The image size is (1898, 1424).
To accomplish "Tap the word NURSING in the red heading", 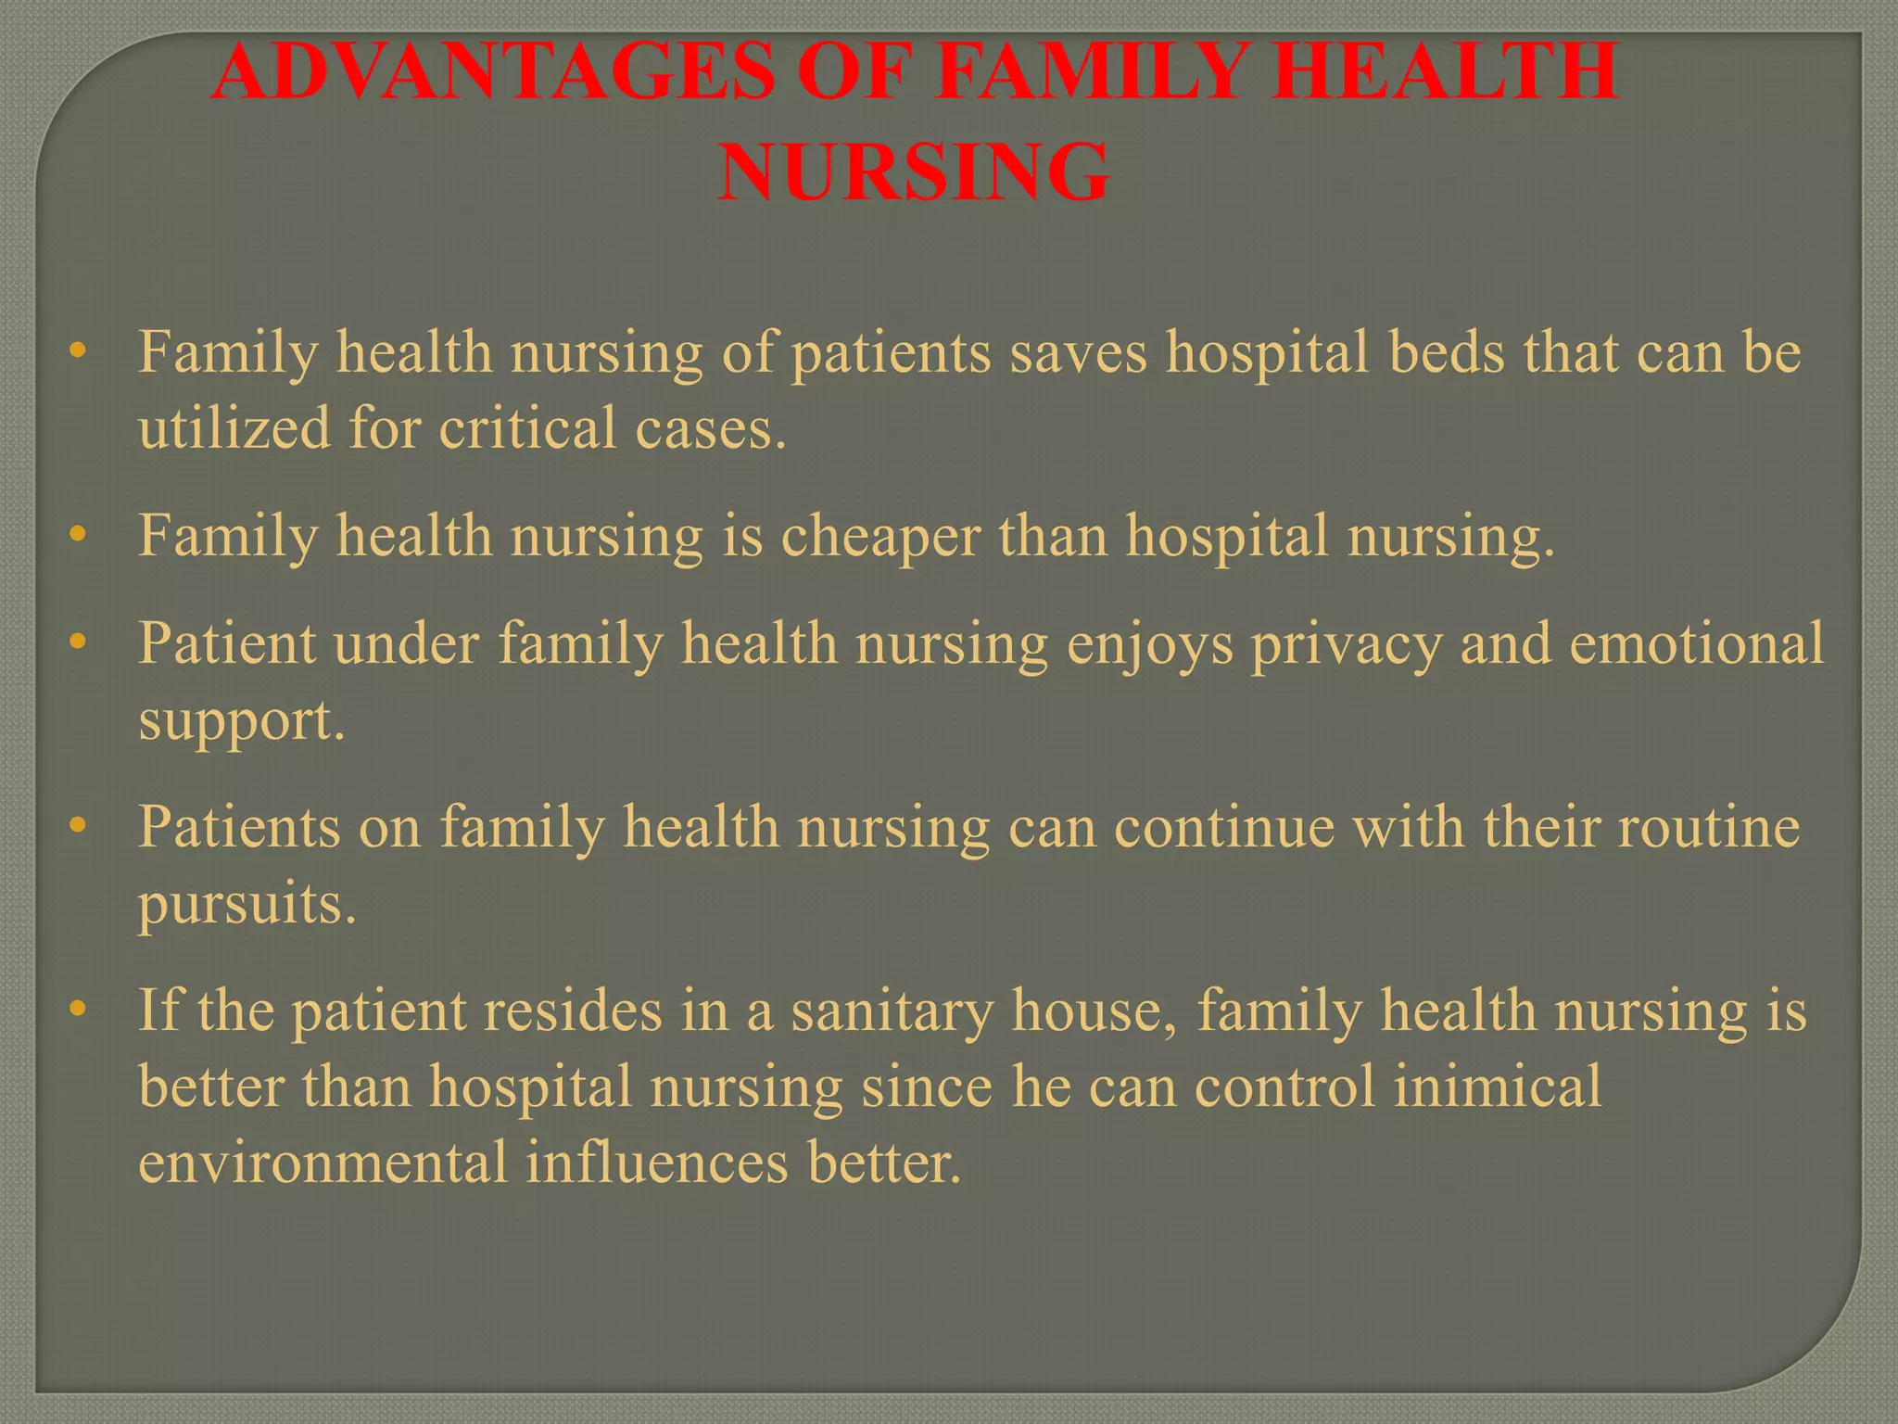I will pos(914,172).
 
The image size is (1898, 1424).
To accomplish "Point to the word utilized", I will pos(234,428).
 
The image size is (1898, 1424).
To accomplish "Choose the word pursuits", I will pos(247,905).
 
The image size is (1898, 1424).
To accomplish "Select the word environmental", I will pos(323,1163).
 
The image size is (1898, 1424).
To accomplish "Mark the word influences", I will pos(657,1163).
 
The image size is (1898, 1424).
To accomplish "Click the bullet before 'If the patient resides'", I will pos(78,1009).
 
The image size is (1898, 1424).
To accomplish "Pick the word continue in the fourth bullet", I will pos(1224,827).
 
